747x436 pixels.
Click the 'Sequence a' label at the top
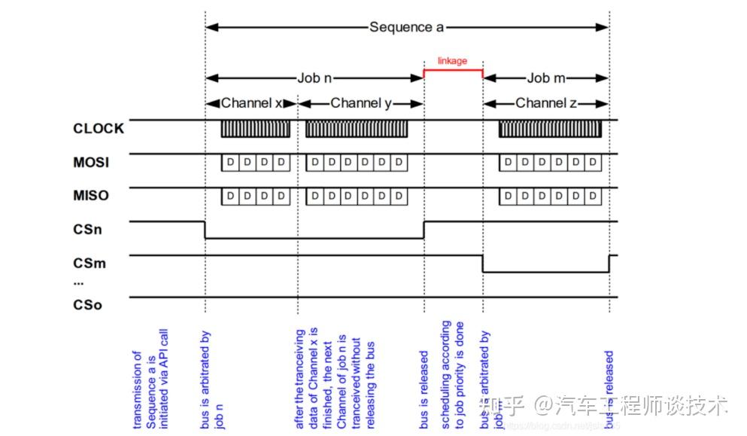click(x=406, y=27)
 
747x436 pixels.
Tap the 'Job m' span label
click(x=546, y=78)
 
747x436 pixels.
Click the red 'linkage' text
click(x=452, y=60)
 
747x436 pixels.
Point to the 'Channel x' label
click(x=251, y=103)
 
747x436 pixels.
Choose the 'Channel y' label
click(x=361, y=103)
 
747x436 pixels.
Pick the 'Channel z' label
click(x=545, y=103)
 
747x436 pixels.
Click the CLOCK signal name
click(x=99, y=129)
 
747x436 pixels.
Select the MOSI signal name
click(x=91, y=162)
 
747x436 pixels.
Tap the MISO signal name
click(x=91, y=196)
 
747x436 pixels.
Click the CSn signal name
click(x=87, y=230)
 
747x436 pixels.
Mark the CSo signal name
click(x=87, y=305)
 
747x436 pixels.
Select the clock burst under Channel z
click(x=551, y=129)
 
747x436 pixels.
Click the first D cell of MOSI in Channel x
click(x=229, y=163)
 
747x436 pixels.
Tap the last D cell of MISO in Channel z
click(x=594, y=197)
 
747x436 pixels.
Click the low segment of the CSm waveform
click(x=545, y=272)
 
